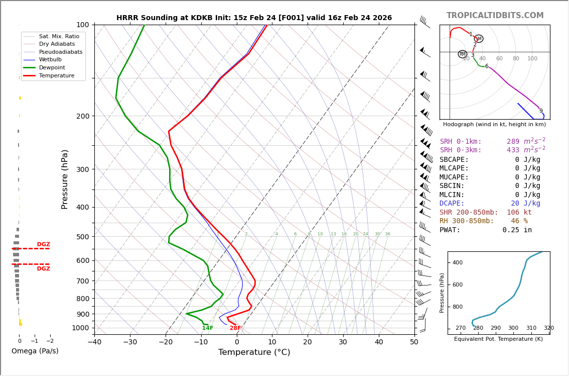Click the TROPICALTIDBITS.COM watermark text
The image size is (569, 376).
point(495,16)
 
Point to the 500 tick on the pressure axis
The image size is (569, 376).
point(82,237)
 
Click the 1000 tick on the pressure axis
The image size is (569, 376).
point(80,328)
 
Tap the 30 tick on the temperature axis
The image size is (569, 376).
point(343,342)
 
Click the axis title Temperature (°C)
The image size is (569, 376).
point(254,352)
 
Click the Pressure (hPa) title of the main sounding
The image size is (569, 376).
point(65,179)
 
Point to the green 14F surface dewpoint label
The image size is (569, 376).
point(208,328)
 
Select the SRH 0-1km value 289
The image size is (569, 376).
point(513,142)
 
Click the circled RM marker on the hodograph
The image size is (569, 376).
point(462,54)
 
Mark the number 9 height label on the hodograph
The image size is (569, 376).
point(541,111)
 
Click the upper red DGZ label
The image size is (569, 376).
point(43,245)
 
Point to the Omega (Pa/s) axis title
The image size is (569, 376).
point(35,351)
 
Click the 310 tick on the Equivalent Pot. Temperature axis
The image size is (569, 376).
point(531,328)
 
